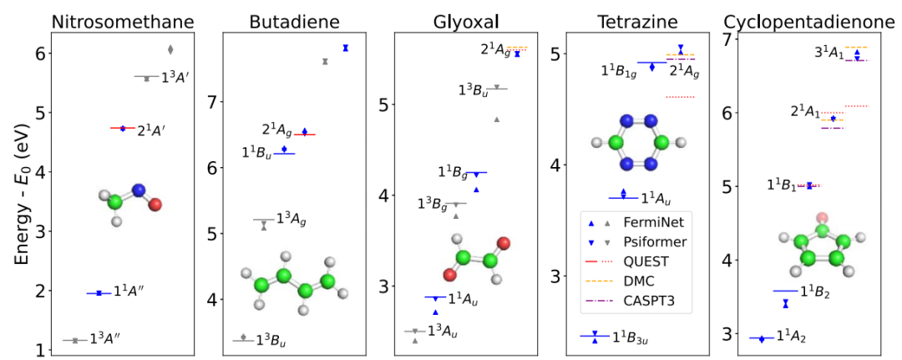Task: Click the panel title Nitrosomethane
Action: (x=123, y=18)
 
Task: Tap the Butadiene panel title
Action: (x=290, y=18)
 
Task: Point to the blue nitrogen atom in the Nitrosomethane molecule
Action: (x=139, y=190)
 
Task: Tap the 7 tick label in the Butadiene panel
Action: (x=212, y=102)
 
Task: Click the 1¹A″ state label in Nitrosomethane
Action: (x=132, y=292)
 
